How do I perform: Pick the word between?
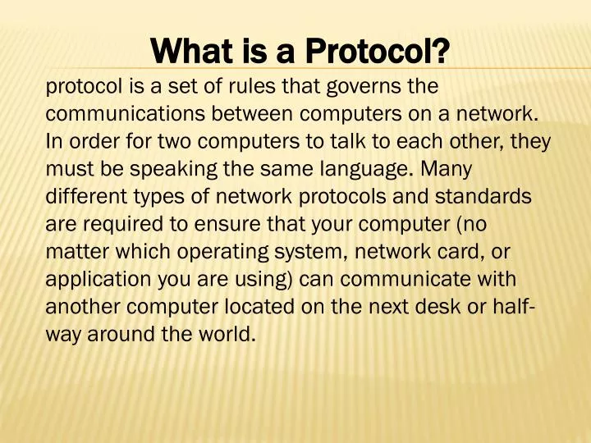pyautogui.click(x=231, y=113)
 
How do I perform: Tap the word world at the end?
pyautogui.click(x=230, y=336)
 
